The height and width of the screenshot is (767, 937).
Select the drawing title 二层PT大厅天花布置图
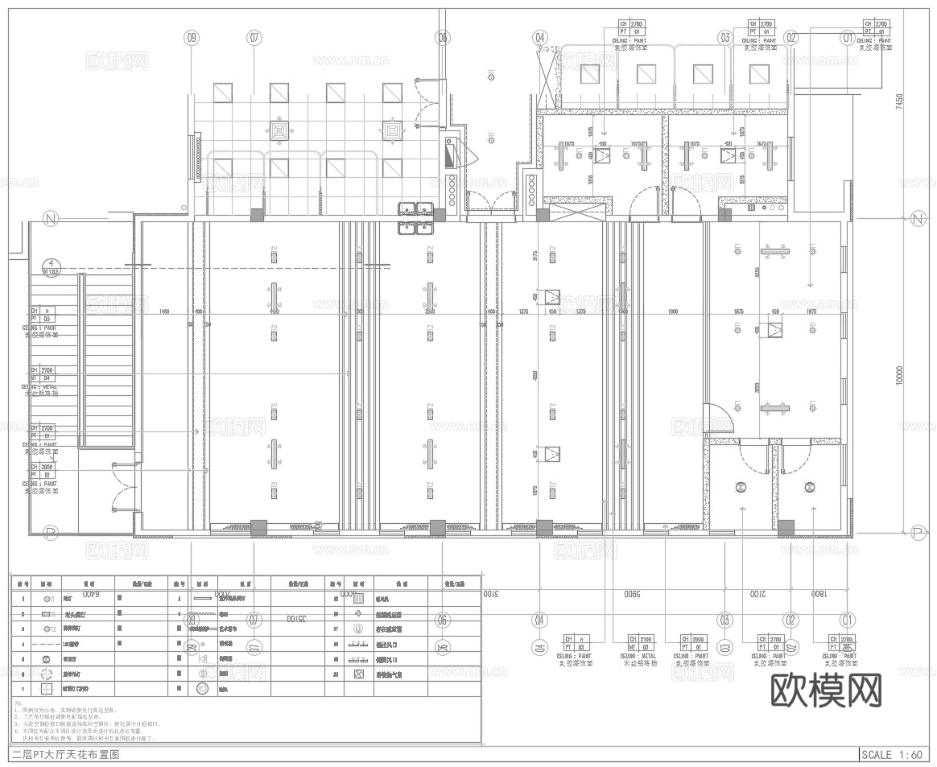click(66, 755)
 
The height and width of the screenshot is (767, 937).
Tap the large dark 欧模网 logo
click(826, 690)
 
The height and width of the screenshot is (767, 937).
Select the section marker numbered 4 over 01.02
click(52, 266)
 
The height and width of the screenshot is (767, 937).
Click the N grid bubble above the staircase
click(52, 219)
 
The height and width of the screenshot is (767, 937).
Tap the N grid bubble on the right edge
click(916, 219)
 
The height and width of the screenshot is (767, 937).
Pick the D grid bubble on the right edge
click(916, 532)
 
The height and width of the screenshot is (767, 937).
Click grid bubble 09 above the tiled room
click(192, 37)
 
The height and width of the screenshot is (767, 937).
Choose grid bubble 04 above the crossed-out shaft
click(539, 37)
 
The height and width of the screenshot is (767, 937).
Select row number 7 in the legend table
click(23, 689)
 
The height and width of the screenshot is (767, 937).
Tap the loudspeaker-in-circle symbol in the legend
click(202, 689)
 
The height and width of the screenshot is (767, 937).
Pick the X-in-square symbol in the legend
click(358, 674)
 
